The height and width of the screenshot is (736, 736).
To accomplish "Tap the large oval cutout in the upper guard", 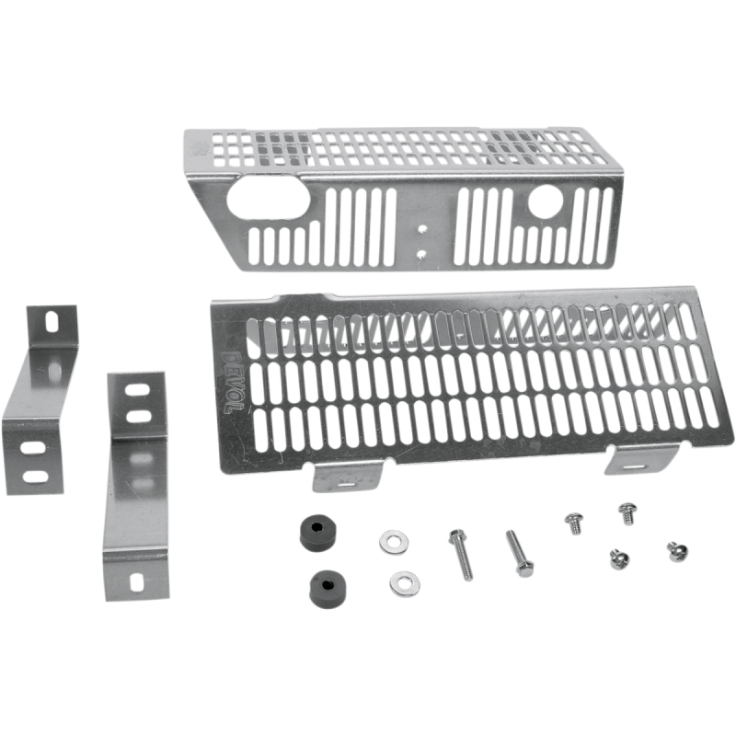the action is (x=268, y=198).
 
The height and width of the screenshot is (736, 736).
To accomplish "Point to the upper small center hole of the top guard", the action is (x=422, y=228).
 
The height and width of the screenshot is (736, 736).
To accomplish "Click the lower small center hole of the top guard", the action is (x=421, y=255).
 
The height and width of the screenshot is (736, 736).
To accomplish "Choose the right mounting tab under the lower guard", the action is (x=640, y=460).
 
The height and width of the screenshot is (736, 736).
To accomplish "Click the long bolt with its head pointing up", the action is (x=461, y=554).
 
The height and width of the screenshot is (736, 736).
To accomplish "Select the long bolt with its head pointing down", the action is (x=519, y=554).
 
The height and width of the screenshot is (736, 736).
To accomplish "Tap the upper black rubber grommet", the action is (x=316, y=533).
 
